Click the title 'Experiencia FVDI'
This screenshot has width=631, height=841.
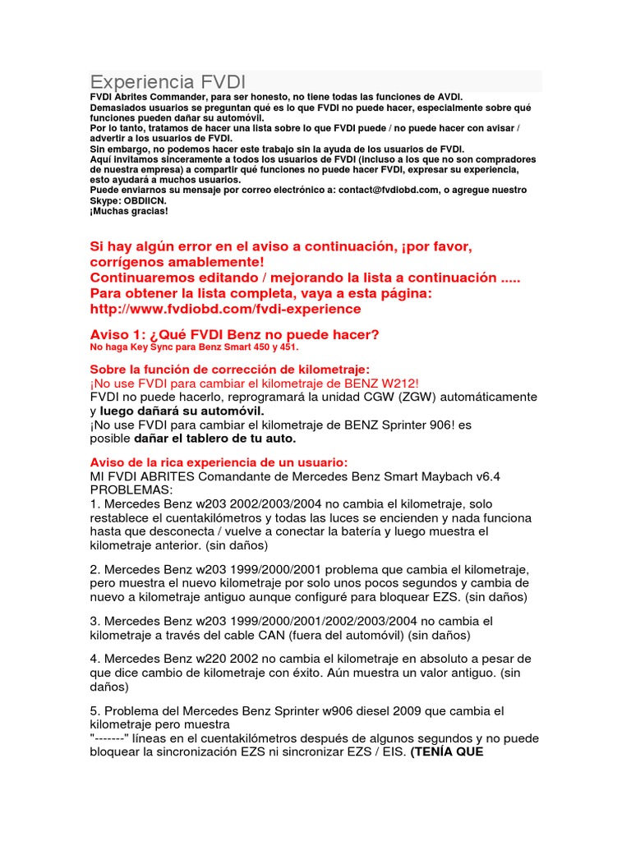point(167,82)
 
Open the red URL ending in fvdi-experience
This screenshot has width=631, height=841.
point(225,309)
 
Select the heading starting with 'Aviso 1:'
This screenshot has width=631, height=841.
point(234,334)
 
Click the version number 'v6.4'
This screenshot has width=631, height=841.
point(489,476)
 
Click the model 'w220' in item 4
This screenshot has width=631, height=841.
point(212,659)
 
